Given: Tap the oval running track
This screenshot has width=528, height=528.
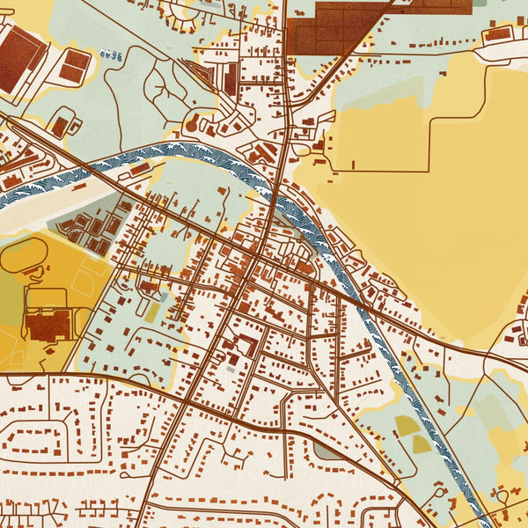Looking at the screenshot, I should coord(26,255).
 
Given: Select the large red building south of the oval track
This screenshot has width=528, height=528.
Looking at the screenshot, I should coord(48,325).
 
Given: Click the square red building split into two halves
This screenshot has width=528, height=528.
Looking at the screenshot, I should coord(75,63).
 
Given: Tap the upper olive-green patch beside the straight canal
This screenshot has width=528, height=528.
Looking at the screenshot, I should coord(407,425).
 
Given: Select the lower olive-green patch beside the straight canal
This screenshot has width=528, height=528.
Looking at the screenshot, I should coord(422,444).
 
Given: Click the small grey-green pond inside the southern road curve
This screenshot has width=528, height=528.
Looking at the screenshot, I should coord(326,451).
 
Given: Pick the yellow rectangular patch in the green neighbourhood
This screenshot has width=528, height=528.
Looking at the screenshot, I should coord(152,312).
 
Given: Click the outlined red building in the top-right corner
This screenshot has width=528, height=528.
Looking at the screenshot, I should coord(497,34).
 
